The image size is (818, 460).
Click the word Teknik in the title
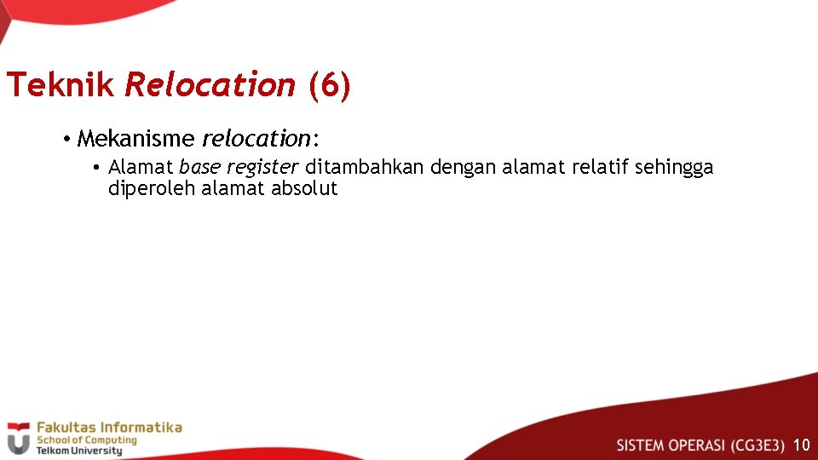click(60, 85)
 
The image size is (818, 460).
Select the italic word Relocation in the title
click(210, 85)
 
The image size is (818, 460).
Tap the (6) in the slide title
click(329, 85)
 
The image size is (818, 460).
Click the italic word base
click(199, 167)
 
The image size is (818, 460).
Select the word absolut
click(304, 188)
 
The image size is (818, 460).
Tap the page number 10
click(801, 445)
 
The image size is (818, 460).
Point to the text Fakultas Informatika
click(109, 428)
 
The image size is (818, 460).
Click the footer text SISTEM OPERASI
click(671, 445)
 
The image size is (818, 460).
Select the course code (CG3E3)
click(758, 445)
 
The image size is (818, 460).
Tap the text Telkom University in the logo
click(79, 451)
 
